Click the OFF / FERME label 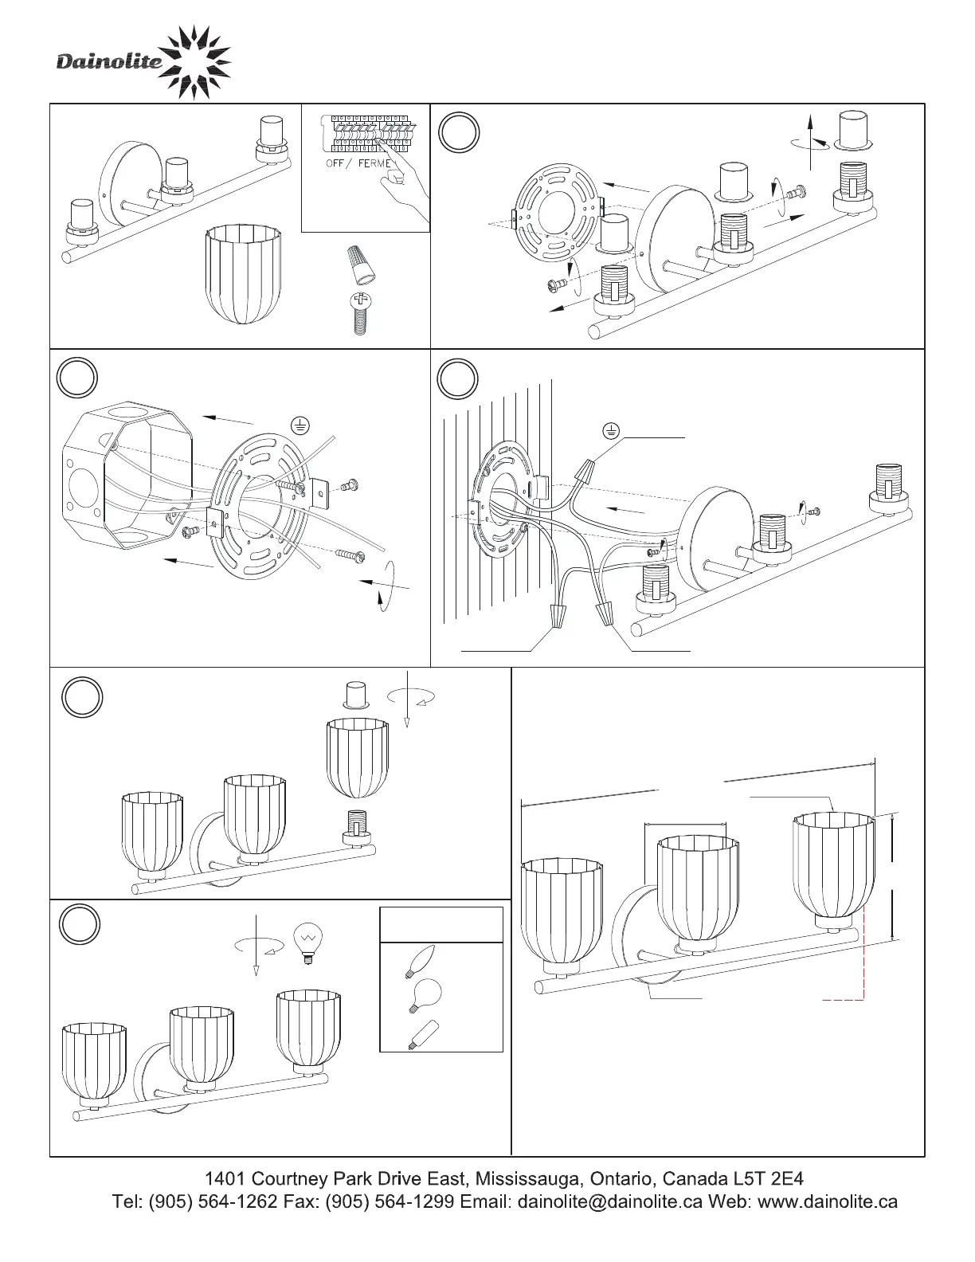pyautogui.click(x=359, y=163)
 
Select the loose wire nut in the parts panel pyautogui.click(x=359, y=266)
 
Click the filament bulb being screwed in pyautogui.click(x=306, y=943)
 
